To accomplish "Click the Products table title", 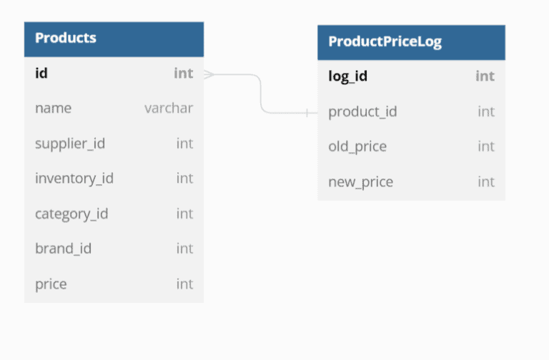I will [x=66, y=38].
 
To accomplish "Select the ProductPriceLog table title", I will [x=385, y=41].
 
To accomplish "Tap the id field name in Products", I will [x=41, y=73].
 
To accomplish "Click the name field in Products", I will [x=53, y=108].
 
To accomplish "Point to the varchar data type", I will [x=169, y=108].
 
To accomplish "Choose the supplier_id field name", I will [x=70, y=143].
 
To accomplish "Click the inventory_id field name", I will [x=74, y=178].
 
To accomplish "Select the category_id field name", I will [x=71, y=214].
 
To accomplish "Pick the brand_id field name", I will [x=63, y=249].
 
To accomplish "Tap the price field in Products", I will [x=51, y=284].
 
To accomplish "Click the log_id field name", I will [x=348, y=76].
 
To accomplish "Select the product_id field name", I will [x=362, y=111].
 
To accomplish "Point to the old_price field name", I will [x=357, y=146].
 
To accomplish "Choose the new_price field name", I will [x=360, y=182].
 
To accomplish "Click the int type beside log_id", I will [x=485, y=76].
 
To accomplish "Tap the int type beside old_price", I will [x=486, y=146].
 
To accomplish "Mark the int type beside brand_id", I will [x=184, y=249].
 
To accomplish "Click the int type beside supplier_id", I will [x=184, y=143].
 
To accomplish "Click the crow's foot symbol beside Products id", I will [x=209, y=74].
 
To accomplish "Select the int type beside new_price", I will [x=486, y=182].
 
